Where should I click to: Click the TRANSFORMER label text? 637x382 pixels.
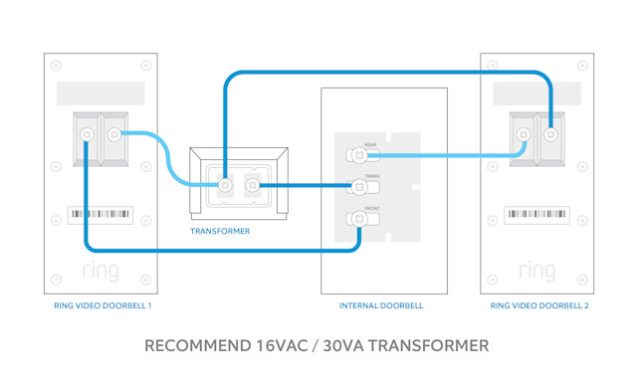pyautogui.click(x=220, y=231)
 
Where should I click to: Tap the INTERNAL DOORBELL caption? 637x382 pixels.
pyautogui.click(x=381, y=305)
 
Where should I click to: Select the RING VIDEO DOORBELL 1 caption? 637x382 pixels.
pyautogui.click(x=103, y=305)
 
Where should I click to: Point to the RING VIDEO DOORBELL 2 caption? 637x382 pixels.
pyautogui.click(x=539, y=305)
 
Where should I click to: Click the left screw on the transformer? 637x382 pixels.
pyautogui.click(x=226, y=185)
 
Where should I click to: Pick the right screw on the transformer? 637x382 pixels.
pyautogui.click(x=253, y=185)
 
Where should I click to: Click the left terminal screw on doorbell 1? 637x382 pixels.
pyautogui.click(x=87, y=134)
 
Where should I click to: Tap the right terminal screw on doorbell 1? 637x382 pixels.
pyautogui.click(x=114, y=134)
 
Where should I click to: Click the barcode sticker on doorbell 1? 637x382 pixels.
pyautogui.click(x=101, y=214)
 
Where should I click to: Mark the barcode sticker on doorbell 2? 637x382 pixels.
pyautogui.click(x=537, y=214)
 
